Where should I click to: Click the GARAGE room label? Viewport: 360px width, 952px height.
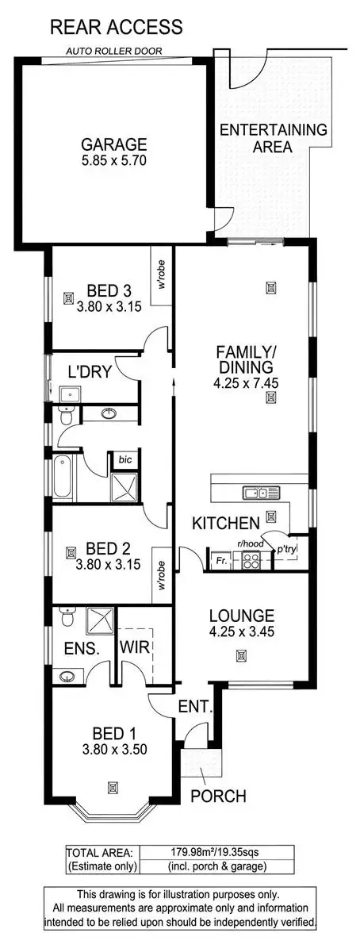(x=114, y=144)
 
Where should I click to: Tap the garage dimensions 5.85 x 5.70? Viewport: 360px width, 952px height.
(x=114, y=159)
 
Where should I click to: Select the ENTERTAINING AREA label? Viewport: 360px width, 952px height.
(x=262, y=138)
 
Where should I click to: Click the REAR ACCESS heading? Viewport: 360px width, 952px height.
(x=117, y=28)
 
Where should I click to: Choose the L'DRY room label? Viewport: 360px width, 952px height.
(x=89, y=372)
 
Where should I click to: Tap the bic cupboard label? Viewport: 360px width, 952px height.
(x=125, y=459)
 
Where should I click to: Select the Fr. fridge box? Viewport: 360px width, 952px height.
(x=221, y=561)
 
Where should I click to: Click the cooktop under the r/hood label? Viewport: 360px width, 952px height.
(x=251, y=561)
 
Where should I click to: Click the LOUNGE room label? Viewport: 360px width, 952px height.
(x=242, y=615)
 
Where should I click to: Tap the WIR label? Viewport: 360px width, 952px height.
(x=131, y=647)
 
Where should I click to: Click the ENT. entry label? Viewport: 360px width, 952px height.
(x=194, y=706)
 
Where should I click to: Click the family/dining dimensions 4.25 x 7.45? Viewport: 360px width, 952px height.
(x=242, y=382)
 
